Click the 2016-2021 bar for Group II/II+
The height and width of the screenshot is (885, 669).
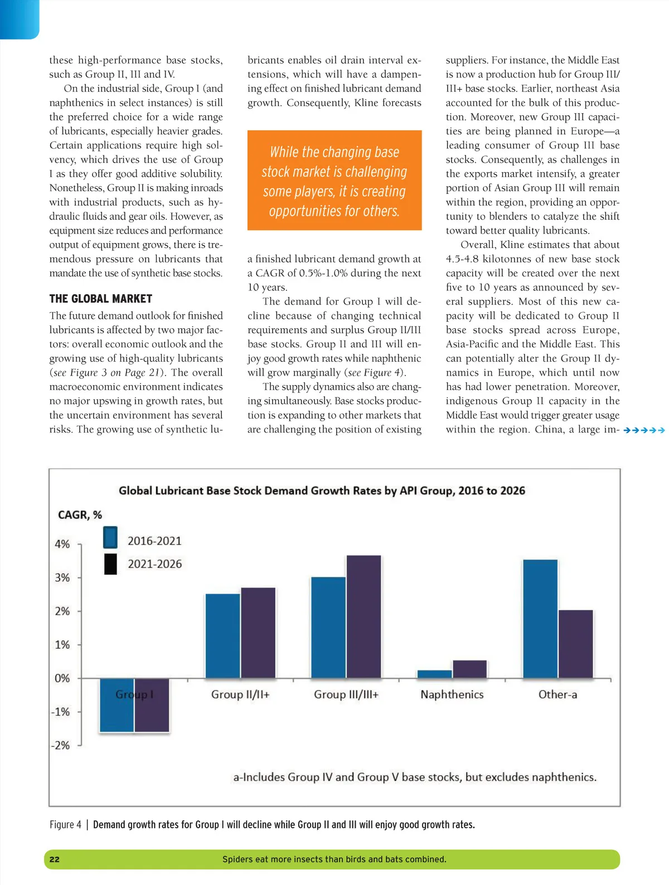coord(222,636)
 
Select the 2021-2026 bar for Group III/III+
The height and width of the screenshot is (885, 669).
coord(363,616)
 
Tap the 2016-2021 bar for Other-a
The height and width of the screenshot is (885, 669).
coord(540,619)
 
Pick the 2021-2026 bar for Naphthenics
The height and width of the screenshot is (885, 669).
coord(469,669)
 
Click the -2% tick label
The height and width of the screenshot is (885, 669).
coord(61,745)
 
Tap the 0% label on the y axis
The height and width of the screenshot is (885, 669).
coord(62,678)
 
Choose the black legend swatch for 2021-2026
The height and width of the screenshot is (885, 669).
coord(110,564)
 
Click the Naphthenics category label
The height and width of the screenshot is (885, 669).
coord(452,694)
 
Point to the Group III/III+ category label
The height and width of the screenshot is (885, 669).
coord(346,694)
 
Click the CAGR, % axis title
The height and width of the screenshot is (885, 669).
coord(80,515)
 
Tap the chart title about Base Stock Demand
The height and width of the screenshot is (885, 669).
coord(322,490)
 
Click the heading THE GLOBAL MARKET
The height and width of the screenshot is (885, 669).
coord(101,299)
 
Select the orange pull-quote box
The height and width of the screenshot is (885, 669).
coord(334,180)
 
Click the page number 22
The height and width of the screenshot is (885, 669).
coord(55,859)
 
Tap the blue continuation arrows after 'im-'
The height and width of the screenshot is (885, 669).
coord(644,430)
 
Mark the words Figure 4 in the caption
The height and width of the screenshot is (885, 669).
coord(65,825)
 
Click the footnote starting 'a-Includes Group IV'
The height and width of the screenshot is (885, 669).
coord(415,777)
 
